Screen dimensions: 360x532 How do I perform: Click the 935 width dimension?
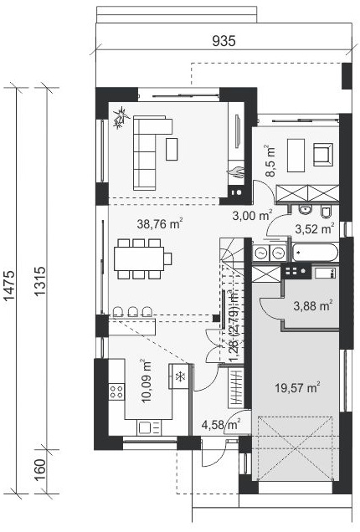pos(224,41)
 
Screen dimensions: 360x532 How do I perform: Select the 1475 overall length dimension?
pos(9,285)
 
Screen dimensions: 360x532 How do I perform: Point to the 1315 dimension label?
pos(39,282)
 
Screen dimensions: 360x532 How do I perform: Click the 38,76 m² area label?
pos(160,223)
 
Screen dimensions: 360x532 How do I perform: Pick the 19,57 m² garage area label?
pos(297,387)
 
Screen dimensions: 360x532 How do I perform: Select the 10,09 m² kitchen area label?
pos(146,381)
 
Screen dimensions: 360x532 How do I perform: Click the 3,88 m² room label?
pos(312,306)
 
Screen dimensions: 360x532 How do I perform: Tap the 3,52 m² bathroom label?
pos(315,228)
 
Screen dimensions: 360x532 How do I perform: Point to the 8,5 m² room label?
pos(270,161)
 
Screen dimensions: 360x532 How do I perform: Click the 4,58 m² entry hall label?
pos(221,424)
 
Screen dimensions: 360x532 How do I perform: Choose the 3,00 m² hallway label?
pos(252,215)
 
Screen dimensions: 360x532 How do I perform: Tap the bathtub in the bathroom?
pos(315,253)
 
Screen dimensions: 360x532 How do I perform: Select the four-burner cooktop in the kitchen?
pos(116,391)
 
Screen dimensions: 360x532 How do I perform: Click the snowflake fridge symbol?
pos(180,376)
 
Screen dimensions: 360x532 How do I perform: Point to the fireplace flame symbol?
pos(236,171)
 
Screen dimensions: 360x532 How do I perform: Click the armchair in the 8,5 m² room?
pos(322,154)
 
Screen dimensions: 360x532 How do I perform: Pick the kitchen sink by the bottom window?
pos(149,427)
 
